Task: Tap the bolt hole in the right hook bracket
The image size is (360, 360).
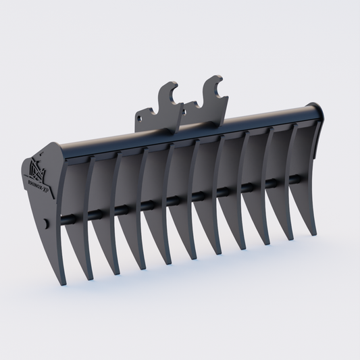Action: [x=187, y=106]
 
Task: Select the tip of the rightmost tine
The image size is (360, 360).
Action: [x=314, y=234]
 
